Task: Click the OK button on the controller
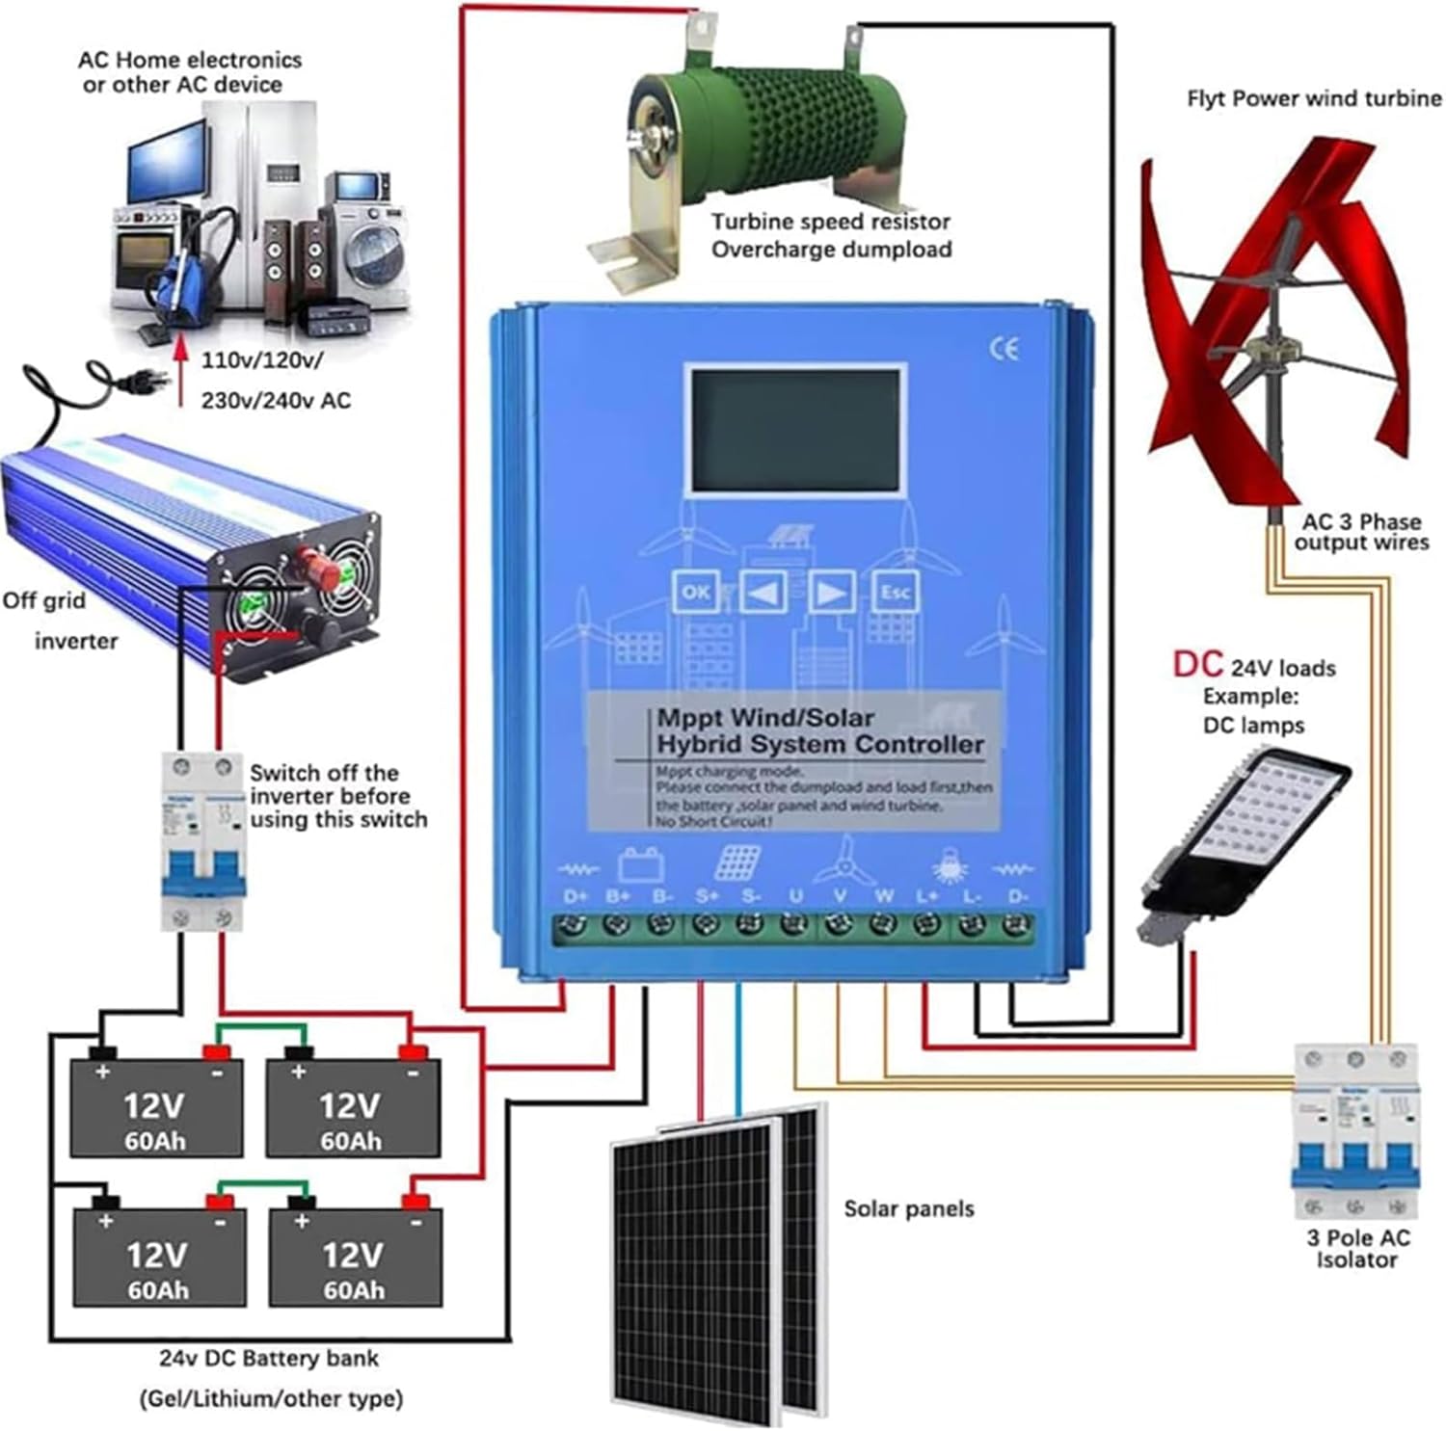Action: (695, 592)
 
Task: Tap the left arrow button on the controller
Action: (763, 592)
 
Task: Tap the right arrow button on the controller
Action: (830, 592)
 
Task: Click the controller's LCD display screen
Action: (795, 431)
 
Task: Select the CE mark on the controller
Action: (1004, 349)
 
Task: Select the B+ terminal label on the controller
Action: (617, 896)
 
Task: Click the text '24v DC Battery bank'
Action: (269, 1359)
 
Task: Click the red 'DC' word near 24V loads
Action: (1196, 664)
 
